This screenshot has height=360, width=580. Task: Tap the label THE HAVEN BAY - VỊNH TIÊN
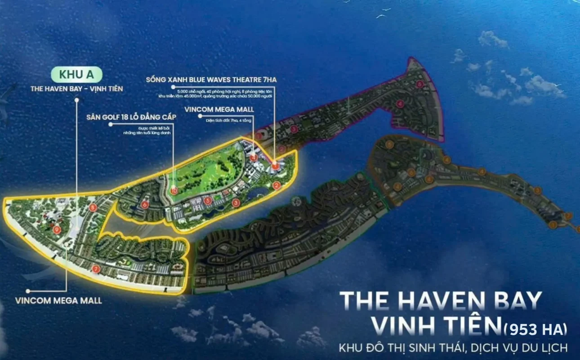tap(76, 89)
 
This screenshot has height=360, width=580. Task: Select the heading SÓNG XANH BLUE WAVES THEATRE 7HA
tap(211, 80)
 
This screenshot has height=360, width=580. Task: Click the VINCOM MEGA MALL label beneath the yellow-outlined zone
tap(58, 300)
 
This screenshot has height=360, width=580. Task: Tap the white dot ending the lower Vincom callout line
tap(28, 291)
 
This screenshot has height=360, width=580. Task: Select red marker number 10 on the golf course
tap(174, 191)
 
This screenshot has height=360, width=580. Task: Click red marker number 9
tap(57, 229)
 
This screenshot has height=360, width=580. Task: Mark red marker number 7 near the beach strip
tap(95, 269)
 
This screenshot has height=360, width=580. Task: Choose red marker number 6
tap(144, 205)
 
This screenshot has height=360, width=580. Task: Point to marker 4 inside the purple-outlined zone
tap(400, 105)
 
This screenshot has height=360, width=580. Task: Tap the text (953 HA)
tap(535, 329)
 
